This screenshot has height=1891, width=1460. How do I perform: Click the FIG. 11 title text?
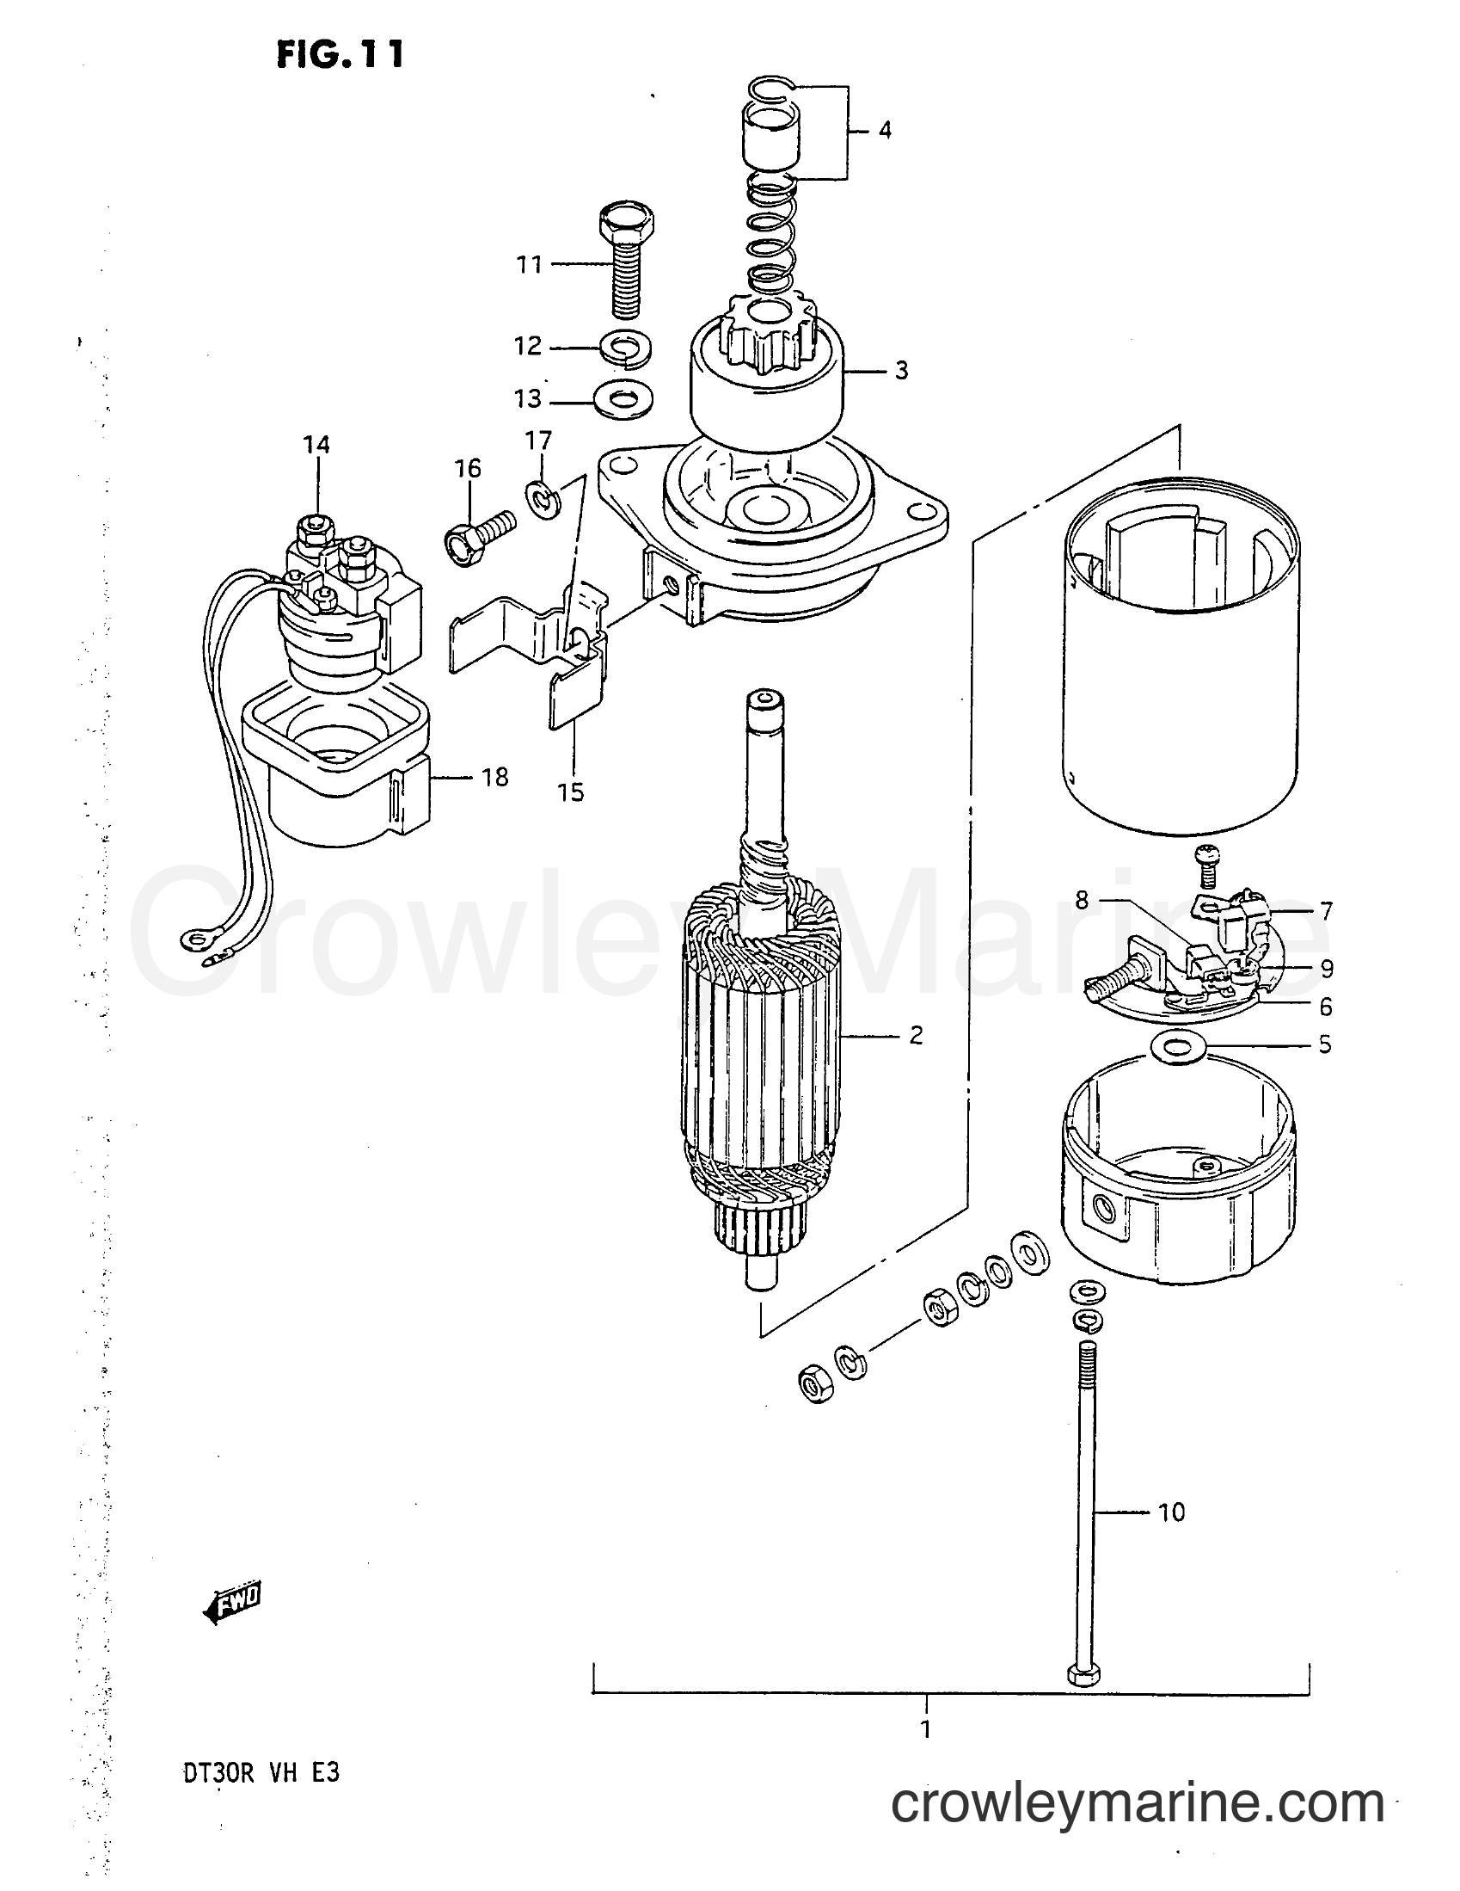pos(340,55)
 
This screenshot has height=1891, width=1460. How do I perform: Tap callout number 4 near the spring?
pos(884,131)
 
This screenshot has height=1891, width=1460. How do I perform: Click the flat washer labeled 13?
pos(624,401)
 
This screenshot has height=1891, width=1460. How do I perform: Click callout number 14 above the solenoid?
pos(316,445)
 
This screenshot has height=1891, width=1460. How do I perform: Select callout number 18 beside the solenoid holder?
pos(494,778)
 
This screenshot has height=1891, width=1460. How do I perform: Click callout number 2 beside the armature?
pos(917,1035)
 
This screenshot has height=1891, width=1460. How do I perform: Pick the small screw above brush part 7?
pos(1205,856)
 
